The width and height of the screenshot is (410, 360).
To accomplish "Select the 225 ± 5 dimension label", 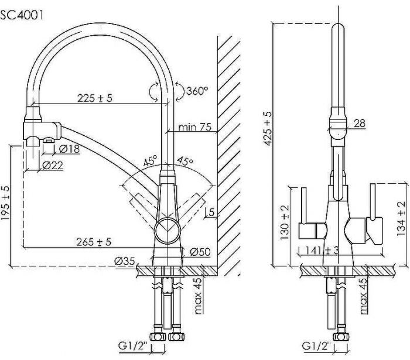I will pos(95,98).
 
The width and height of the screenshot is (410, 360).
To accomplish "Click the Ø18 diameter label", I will pos(70,149).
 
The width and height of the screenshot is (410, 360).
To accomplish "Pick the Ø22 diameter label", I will pos(53,166).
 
